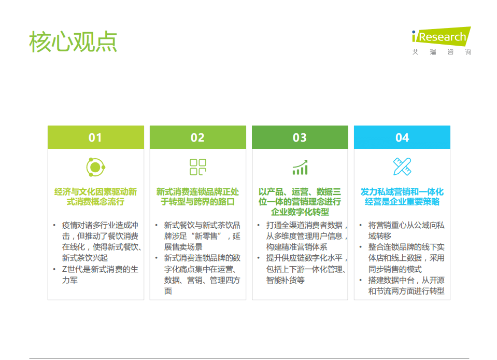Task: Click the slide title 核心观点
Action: tap(73, 42)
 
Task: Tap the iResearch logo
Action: tap(441, 36)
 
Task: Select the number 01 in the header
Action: tap(95, 137)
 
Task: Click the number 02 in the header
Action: tap(197, 137)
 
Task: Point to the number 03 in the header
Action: tap(300, 137)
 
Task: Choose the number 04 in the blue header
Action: tap(402, 137)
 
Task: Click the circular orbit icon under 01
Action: tap(95, 167)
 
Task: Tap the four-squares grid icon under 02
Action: tap(197, 167)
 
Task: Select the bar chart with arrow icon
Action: tap(300, 167)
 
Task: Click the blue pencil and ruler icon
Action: tap(402, 167)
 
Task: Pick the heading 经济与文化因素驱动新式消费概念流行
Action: tap(96, 197)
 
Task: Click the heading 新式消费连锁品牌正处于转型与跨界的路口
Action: tap(197, 197)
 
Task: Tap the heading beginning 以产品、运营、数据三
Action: tap(300, 201)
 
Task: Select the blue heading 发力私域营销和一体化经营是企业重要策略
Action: tap(402, 197)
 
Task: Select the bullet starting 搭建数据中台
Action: tap(406, 285)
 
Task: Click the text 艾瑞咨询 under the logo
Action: tap(442, 52)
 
